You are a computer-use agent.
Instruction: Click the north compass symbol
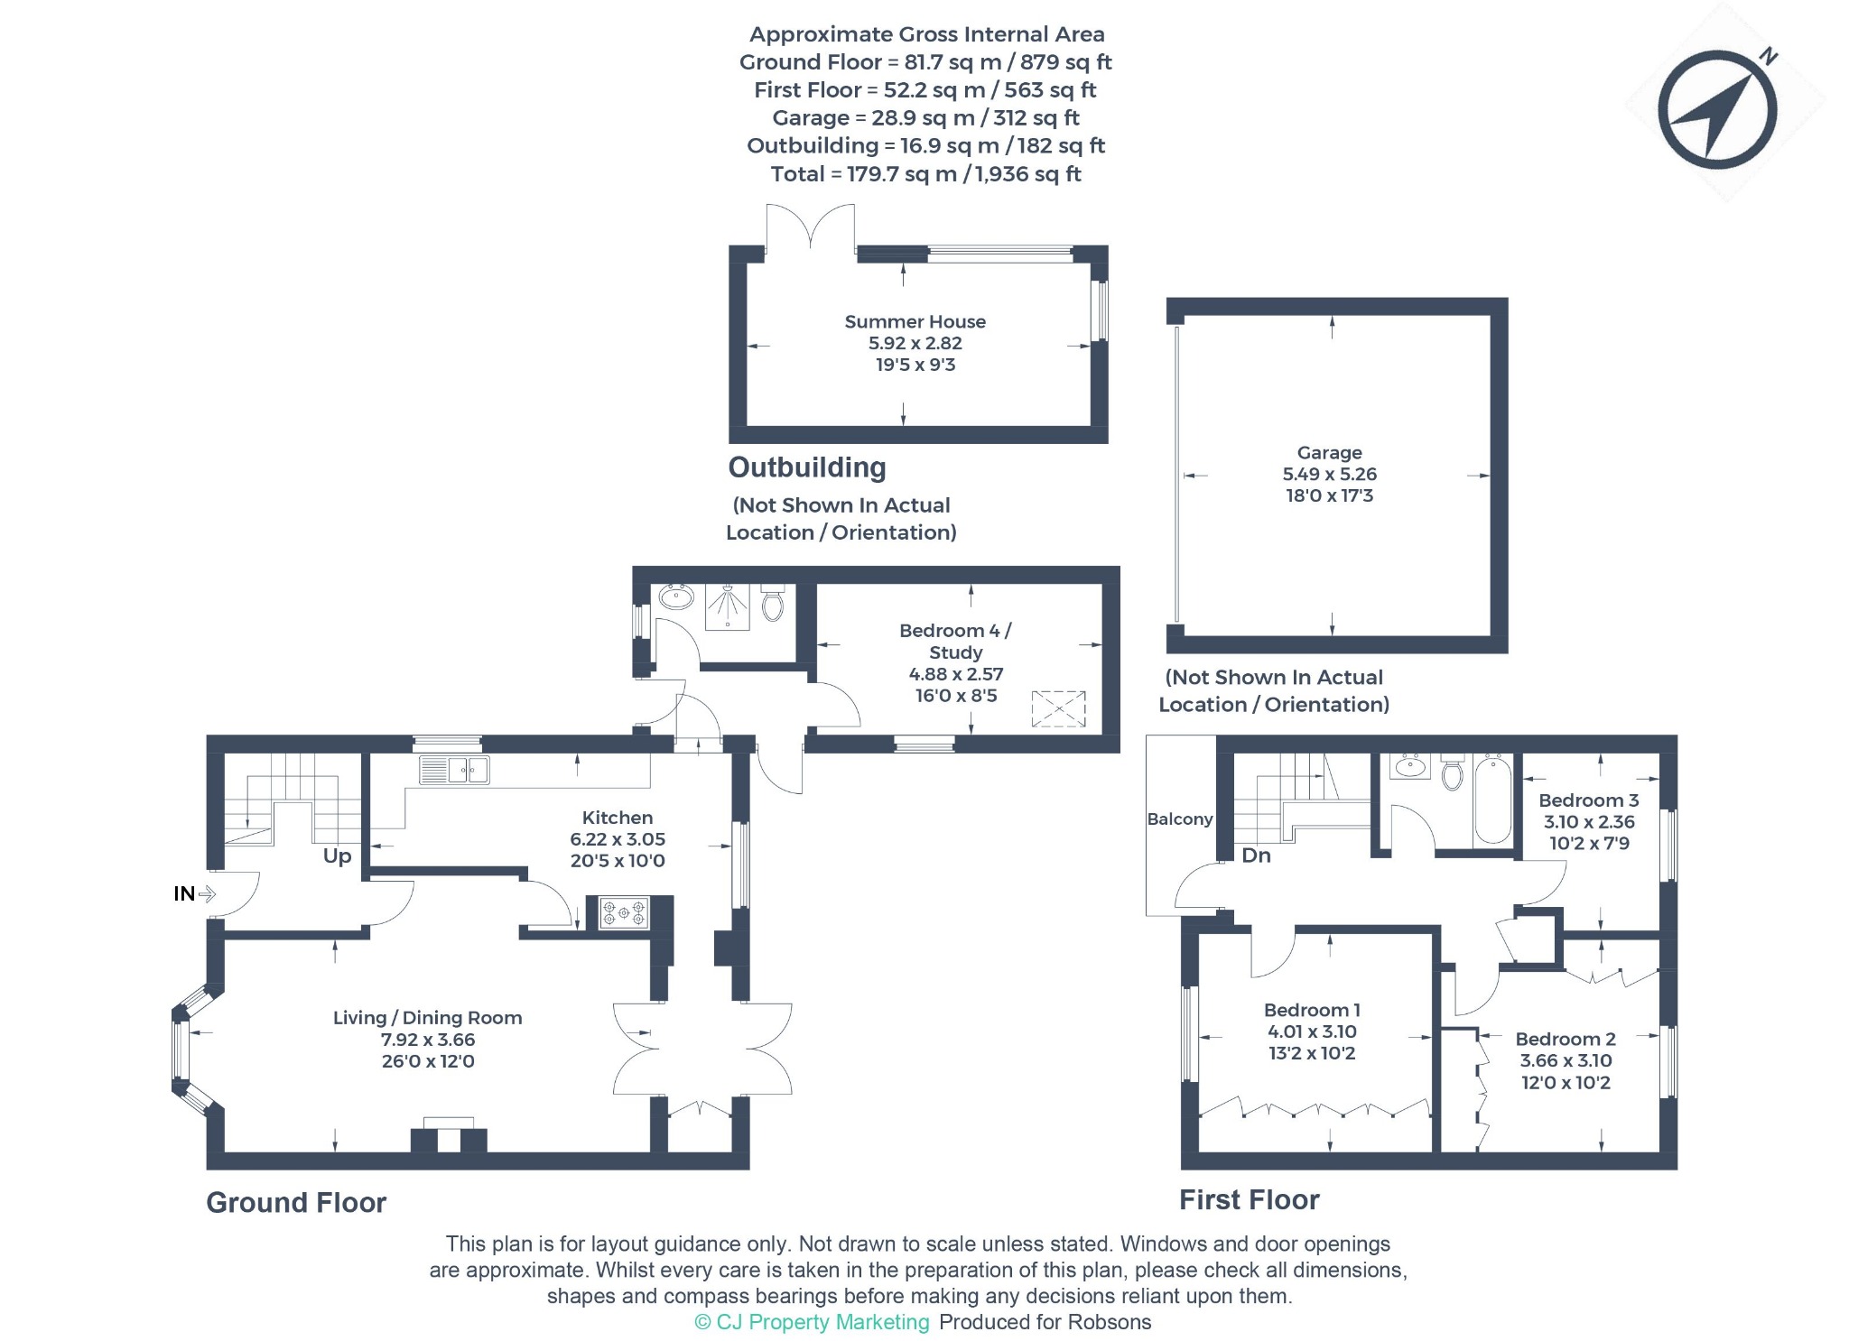[1717, 109]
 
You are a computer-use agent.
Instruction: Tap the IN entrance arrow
[207, 893]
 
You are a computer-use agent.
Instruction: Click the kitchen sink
[454, 770]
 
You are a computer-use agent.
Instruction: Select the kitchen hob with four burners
[624, 912]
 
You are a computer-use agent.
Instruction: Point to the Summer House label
[915, 321]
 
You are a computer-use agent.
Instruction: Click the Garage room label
[1329, 452]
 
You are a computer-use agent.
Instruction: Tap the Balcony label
[1179, 818]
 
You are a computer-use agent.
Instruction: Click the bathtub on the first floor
[1492, 800]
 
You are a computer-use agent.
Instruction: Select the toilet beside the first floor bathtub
[1452, 772]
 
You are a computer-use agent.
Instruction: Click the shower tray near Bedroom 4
[727, 606]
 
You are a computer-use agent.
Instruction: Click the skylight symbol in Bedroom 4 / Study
[1058, 708]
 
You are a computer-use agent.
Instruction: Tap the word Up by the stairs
[337, 856]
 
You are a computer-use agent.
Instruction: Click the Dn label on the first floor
[1256, 855]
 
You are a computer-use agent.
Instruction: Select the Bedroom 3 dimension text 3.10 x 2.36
[1589, 821]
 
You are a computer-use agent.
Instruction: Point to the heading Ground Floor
[296, 1202]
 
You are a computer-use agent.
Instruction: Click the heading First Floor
[1249, 1199]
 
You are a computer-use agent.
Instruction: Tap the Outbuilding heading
[807, 467]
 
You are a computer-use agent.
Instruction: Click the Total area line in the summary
[925, 173]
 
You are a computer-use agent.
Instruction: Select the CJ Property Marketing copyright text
[812, 1322]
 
